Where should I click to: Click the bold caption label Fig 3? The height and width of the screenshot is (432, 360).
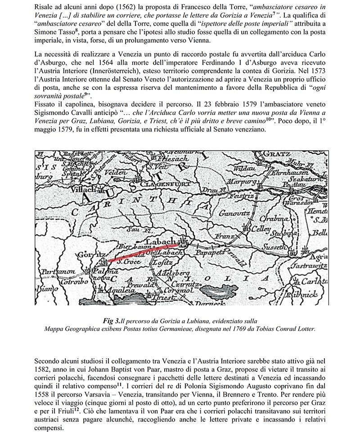tap(112, 321)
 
